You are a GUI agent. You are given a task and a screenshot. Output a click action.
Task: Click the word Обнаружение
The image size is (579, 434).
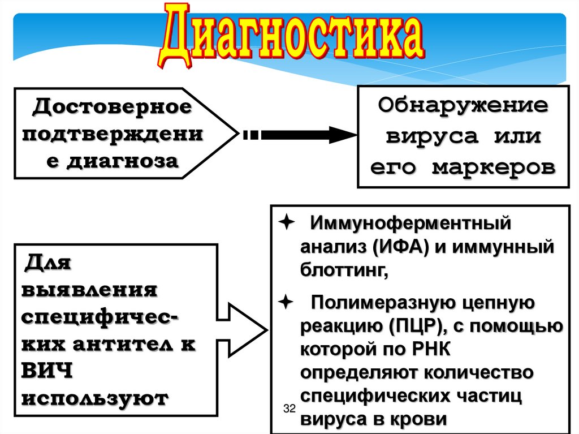463,106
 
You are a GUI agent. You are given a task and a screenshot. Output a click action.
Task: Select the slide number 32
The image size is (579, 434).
289,409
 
